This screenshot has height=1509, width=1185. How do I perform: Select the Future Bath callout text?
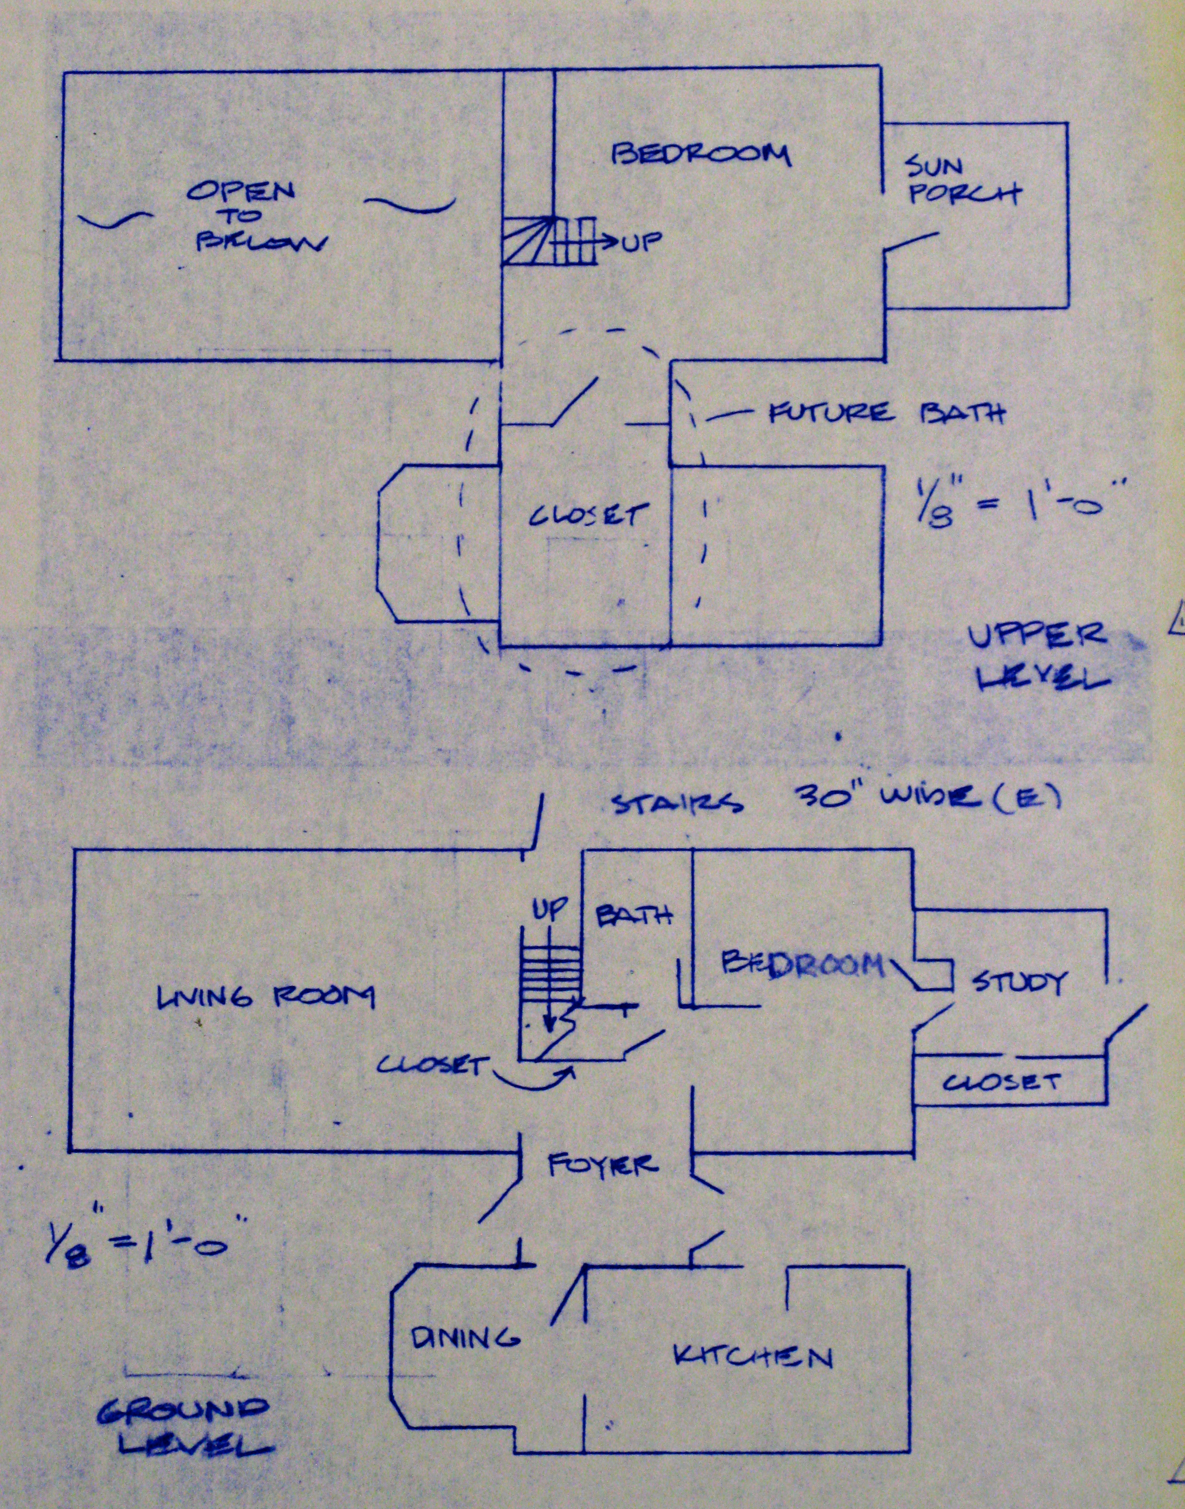click(x=886, y=414)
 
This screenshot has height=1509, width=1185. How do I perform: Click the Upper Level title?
click(x=1037, y=656)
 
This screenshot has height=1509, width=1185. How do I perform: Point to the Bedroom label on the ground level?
click(x=804, y=965)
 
